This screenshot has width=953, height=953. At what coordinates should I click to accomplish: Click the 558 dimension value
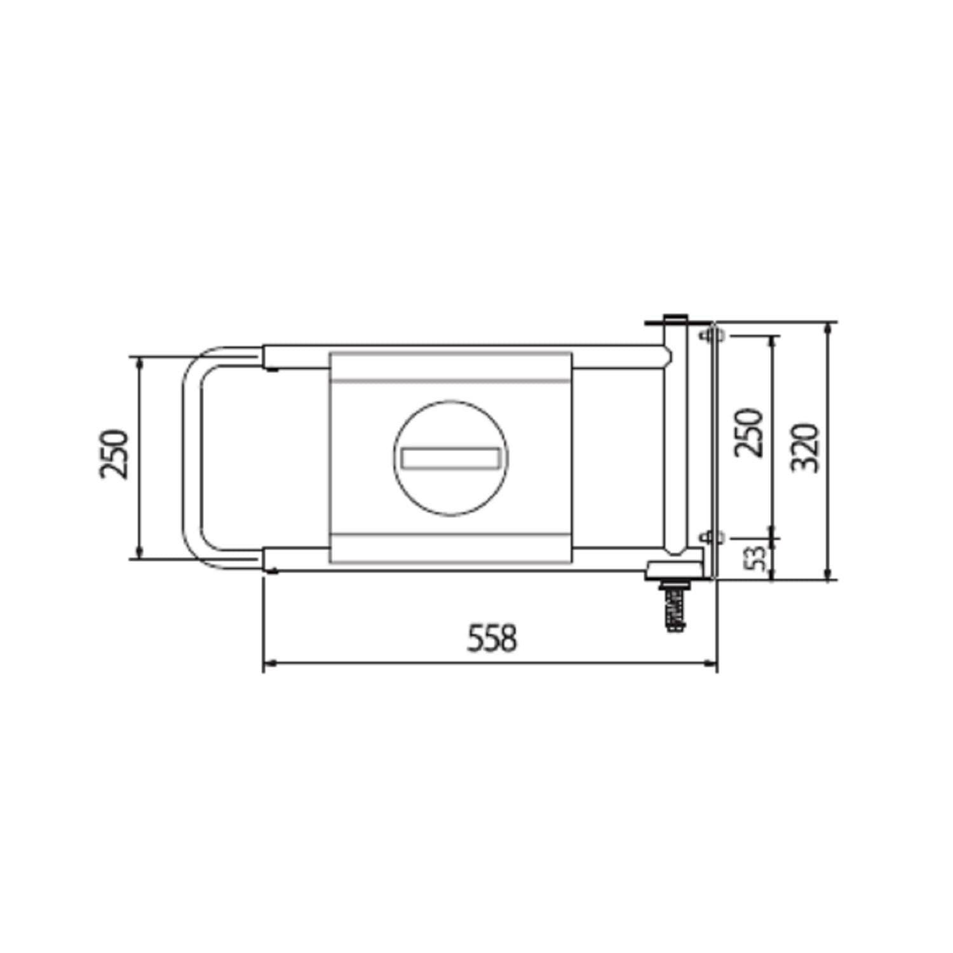click(492, 638)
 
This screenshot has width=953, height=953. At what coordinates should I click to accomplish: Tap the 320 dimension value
click(806, 447)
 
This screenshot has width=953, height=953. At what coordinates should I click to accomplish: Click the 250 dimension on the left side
click(114, 454)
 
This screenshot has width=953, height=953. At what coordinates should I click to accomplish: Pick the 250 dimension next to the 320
click(748, 433)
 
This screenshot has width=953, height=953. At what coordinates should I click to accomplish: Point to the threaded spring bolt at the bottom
click(675, 607)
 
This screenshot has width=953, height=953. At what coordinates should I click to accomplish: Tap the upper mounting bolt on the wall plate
click(711, 335)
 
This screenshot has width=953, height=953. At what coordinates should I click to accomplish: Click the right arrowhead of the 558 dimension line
click(710, 663)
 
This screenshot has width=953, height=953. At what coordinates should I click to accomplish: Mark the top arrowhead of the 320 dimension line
click(827, 328)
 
